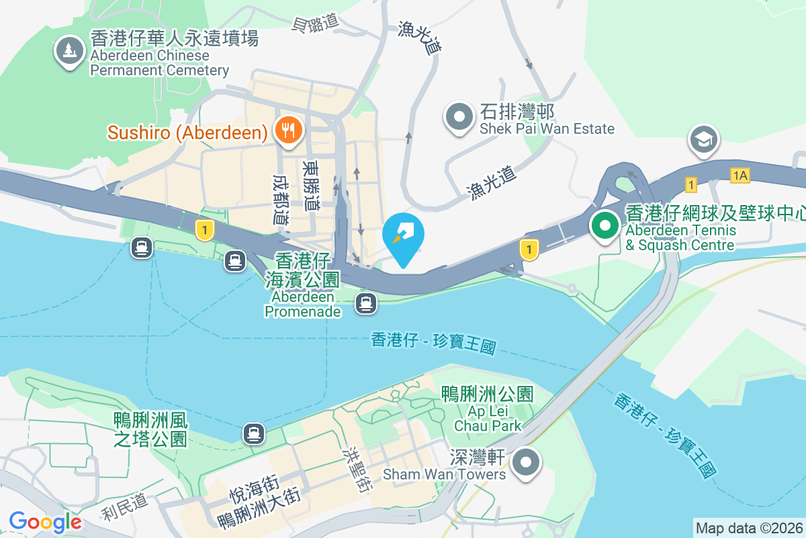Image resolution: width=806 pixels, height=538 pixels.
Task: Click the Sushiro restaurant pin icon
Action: click(x=289, y=128)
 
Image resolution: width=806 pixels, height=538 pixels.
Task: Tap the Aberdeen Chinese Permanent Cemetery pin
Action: click(x=69, y=50)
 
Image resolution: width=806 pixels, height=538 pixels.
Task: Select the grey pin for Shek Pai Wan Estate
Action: click(x=460, y=116)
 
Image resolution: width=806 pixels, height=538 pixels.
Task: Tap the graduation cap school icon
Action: click(x=703, y=140)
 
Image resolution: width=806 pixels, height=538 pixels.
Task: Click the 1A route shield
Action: click(x=740, y=176)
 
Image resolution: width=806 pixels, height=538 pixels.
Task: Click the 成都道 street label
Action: click(x=281, y=200)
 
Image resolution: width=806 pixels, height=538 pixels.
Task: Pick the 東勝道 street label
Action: click(x=311, y=184)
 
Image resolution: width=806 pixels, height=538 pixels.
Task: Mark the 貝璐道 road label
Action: click(x=314, y=24)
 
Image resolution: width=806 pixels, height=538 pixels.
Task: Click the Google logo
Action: click(x=45, y=521)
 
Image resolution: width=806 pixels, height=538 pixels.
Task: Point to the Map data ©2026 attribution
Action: click(x=748, y=528)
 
